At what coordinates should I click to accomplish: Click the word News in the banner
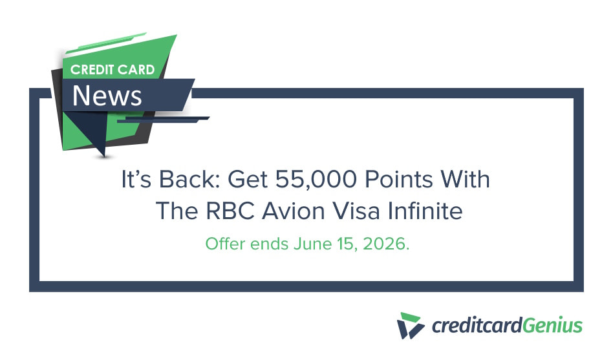[x=107, y=96]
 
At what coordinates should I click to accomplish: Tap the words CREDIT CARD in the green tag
[x=113, y=69]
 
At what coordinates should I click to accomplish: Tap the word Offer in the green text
[x=222, y=244]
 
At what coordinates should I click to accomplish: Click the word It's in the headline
[x=137, y=180]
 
